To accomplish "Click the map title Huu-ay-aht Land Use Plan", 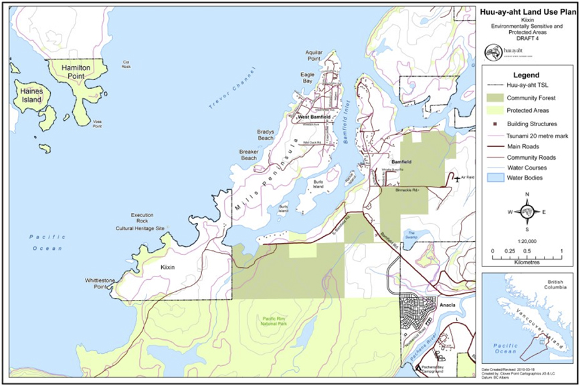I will [x=528, y=11].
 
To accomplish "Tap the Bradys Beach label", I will [x=266, y=136].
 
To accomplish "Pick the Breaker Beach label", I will [x=248, y=155].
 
